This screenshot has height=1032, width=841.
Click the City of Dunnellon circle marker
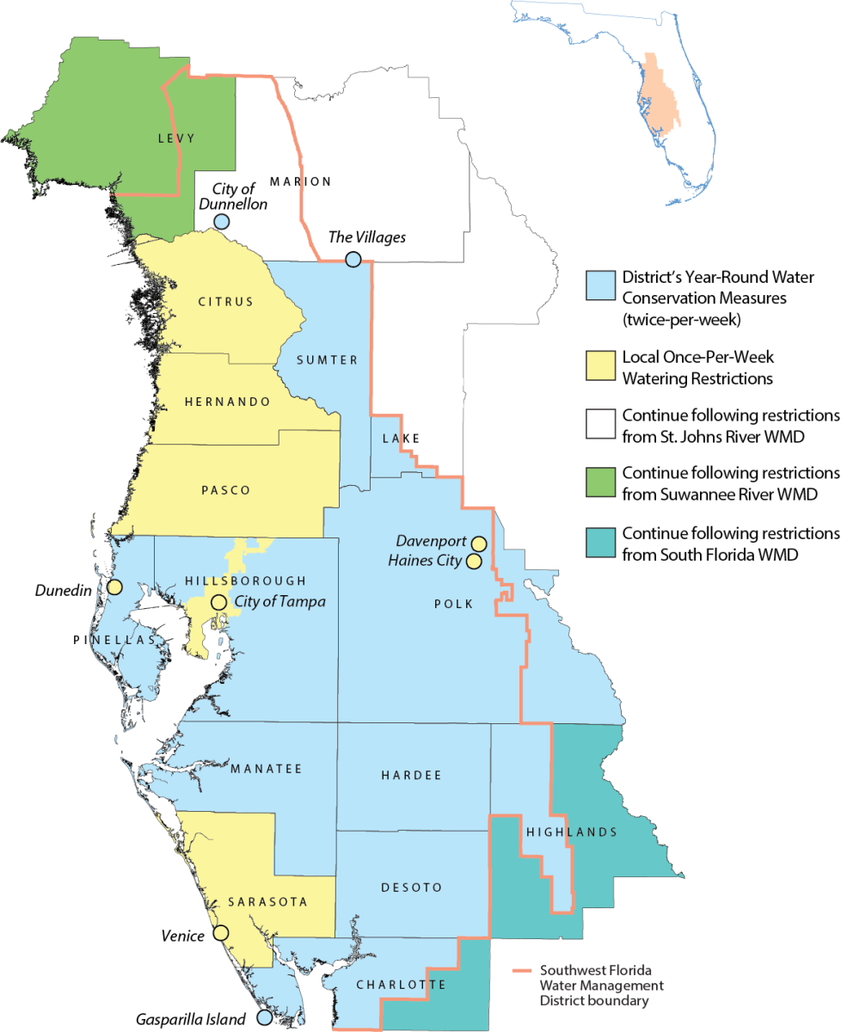[x=221, y=221]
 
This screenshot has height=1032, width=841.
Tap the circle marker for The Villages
[x=353, y=260]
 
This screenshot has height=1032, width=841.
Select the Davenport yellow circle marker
[x=479, y=543]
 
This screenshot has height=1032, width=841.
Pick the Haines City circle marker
[x=473, y=561]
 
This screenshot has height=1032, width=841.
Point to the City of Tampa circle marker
[x=219, y=602]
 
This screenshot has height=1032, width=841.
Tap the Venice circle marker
[x=221, y=932]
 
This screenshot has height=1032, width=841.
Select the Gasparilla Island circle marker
[x=265, y=1017]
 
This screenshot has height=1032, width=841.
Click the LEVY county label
[x=177, y=138]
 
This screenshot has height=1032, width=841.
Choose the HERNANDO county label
[x=227, y=402]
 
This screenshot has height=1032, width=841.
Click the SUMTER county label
[x=326, y=360]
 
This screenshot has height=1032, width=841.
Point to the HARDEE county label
[x=410, y=776]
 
